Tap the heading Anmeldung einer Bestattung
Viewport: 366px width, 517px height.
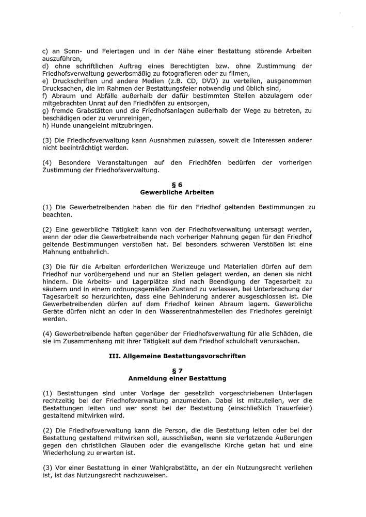[x=177, y=378]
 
